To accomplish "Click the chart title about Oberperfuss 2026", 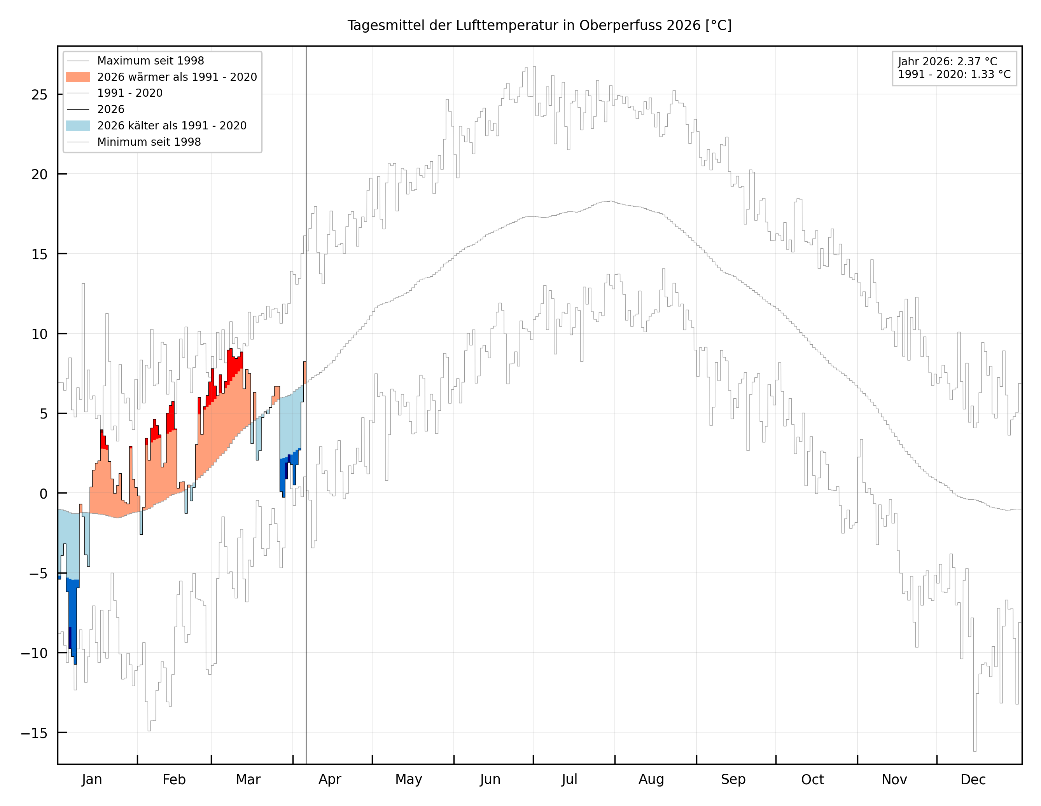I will click(x=539, y=25).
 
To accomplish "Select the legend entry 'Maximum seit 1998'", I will click(x=150, y=61).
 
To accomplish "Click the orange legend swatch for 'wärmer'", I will click(x=78, y=77).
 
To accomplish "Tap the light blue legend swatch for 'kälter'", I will click(x=78, y=126).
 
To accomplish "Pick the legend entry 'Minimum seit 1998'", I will click(x=149, y=142).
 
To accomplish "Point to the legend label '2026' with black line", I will click(x=110, y=110).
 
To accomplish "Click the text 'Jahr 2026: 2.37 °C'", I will click(x=947, y=61).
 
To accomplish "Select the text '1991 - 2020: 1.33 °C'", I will click(x=954, y=75).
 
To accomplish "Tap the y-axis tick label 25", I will click(x=40, y=95).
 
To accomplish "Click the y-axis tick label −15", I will click(x=34, y=733).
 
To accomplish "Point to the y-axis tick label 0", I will click(x=44, y=494).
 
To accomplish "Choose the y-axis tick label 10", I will click(x=40, y=334).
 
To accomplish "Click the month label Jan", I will click(x=92, y=779).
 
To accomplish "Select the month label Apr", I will click(x=330, y=779).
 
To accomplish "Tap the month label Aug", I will click(x=651, y=779).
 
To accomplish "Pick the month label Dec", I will click(x=973, y=779).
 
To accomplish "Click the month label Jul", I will click(x=569, y=779).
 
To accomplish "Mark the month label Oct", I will click(x=812, y=779).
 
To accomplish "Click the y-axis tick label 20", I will click(x=40, y=175).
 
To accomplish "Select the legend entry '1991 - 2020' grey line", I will click(x=129, y=93).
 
